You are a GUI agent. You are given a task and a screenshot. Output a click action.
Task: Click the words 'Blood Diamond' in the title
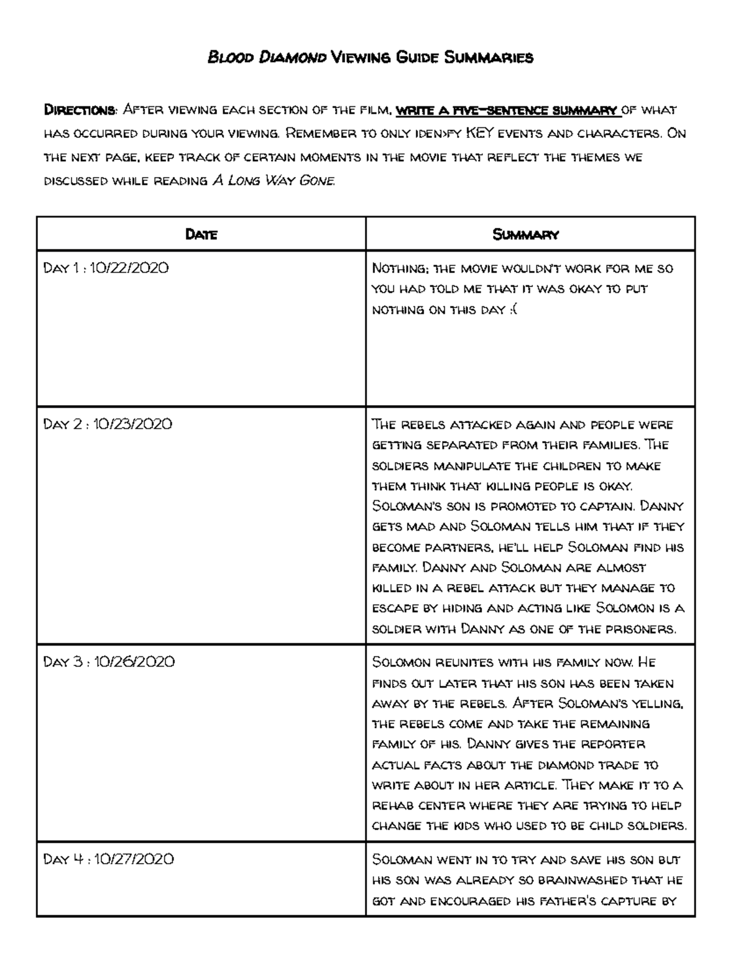click(x=267, y=58)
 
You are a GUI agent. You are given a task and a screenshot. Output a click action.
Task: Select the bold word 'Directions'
click(x=79, y=111)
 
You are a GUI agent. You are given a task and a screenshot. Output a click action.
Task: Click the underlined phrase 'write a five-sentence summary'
click(x=507, y=111)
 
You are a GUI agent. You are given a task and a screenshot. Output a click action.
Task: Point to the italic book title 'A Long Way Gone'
click(x=274, y=181)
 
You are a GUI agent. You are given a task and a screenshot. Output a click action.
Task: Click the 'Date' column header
click(x=201, y=234)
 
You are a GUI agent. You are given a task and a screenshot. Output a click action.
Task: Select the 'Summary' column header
click(x=525, y=234)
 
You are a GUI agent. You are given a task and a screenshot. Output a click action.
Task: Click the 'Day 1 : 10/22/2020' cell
click(x=106, y=268)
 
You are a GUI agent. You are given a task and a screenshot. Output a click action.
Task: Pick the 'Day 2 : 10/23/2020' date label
click(x=107, y=424)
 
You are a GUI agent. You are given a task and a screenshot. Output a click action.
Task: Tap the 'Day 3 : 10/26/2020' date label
click(x=109, y=662)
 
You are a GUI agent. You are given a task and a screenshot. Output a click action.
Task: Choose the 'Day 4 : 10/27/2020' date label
click(x=108, y=859)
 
